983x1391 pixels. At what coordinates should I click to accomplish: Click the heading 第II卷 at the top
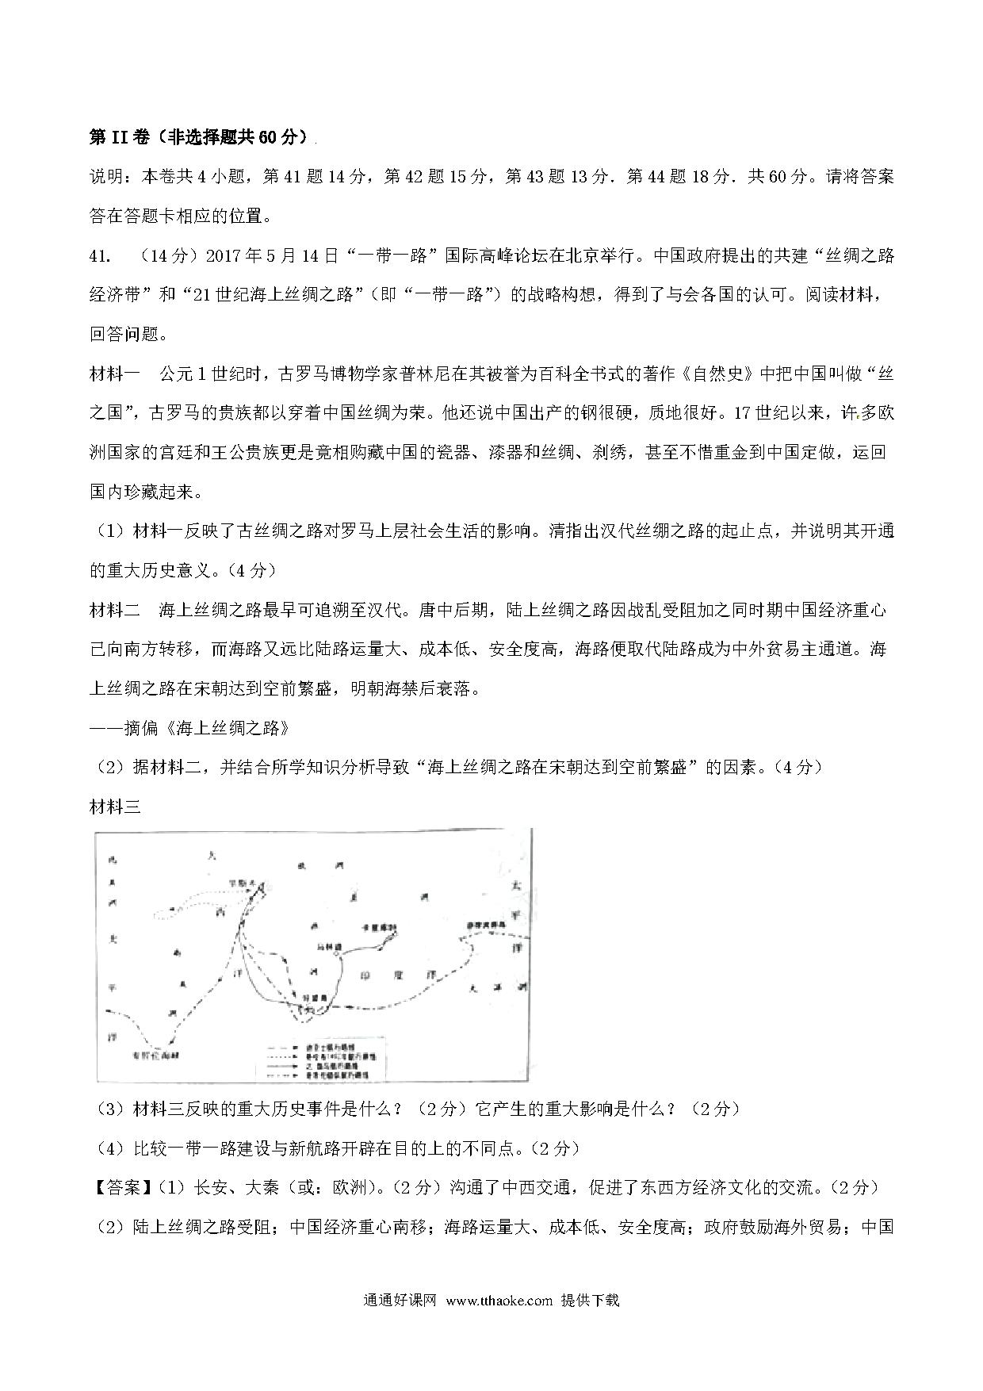(119, 137)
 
